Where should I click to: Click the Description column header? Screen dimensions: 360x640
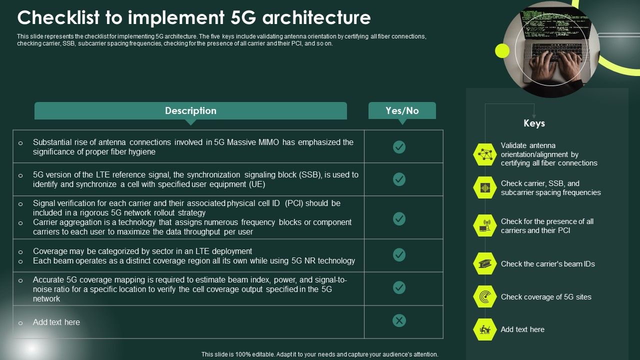pos(190,110)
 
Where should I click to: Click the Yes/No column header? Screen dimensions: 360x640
pos(402,110)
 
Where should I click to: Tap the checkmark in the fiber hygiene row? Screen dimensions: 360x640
pos(399,146)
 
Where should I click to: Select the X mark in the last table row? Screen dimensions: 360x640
pos(399,320)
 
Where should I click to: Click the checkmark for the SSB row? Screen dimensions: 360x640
pos(399,179)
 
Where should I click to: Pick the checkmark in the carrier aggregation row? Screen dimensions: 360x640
pos(399,218)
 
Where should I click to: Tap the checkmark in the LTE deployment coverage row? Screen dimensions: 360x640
pos(399,255)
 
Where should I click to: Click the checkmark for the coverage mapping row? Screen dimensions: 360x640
pos(399,287)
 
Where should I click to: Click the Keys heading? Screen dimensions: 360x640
pos(534,123)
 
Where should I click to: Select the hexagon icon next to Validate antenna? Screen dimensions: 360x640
pos(484,154)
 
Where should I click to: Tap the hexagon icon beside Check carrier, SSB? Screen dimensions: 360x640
pos(484,188)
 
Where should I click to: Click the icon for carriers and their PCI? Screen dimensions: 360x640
pos(484,225)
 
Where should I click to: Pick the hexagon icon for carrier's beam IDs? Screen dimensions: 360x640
pos(484,263)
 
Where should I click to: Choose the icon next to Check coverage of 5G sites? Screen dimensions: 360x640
pos(484,296)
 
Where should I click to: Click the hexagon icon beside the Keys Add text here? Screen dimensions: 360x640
pos(484,329)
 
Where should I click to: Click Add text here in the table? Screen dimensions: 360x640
pos(56,322)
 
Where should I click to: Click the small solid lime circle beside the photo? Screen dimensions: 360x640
pos(502,50)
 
